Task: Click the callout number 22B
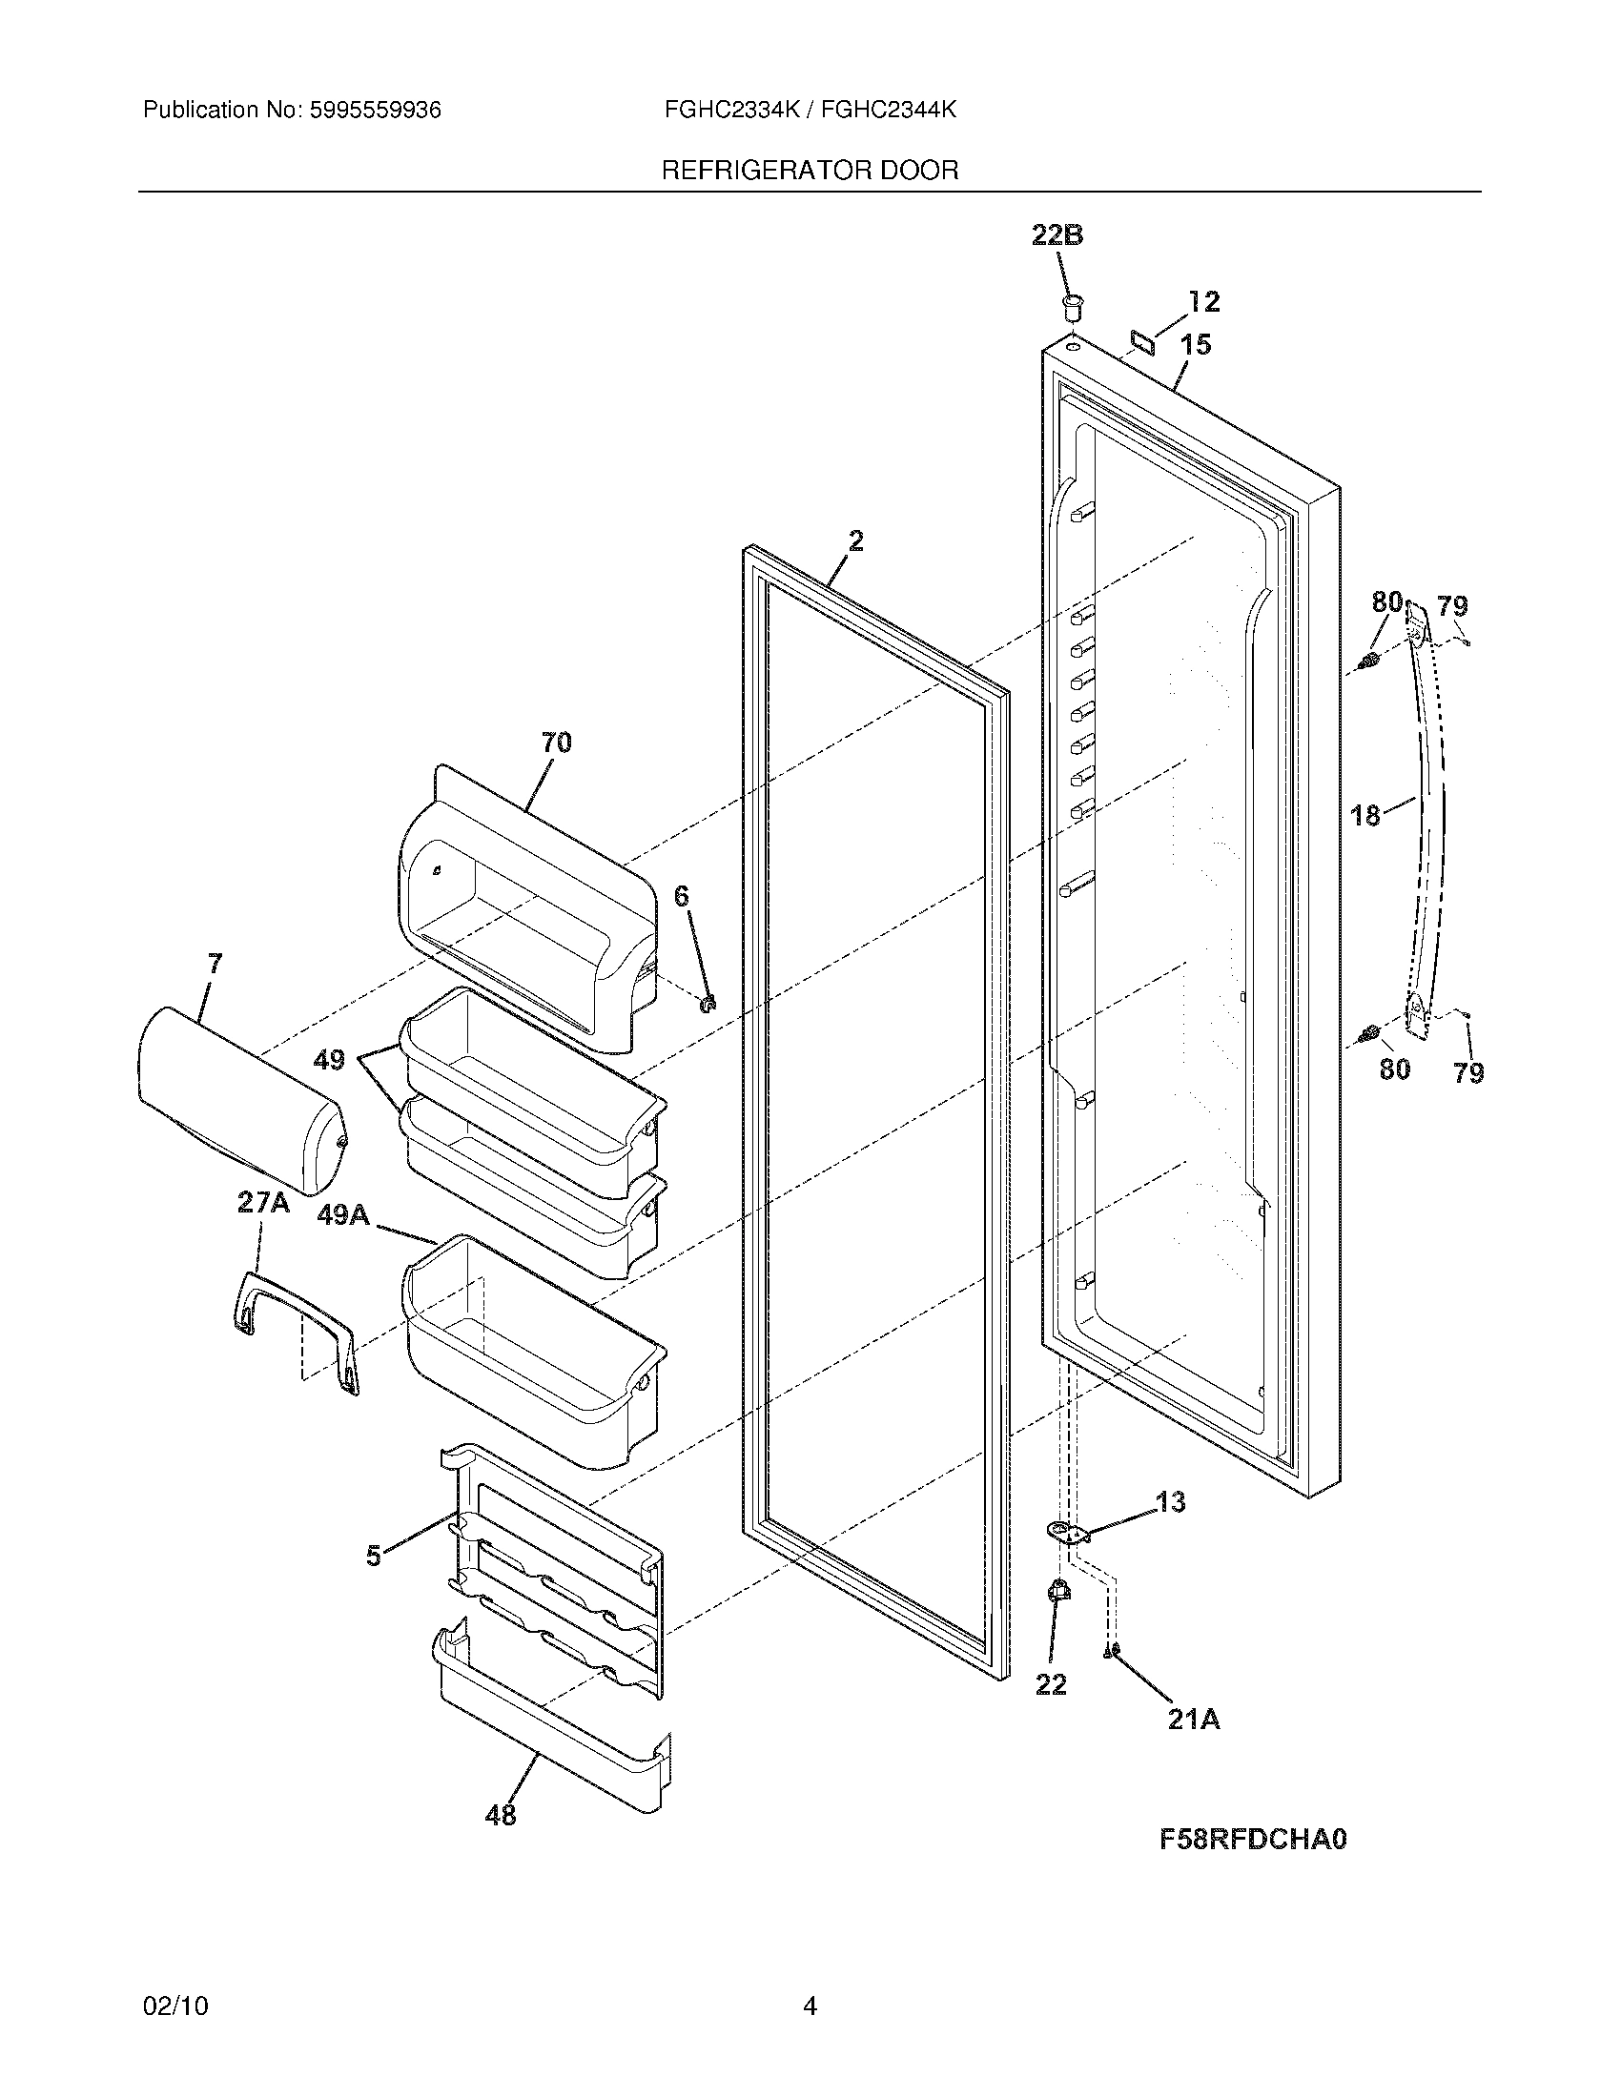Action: [x=1057, y=234]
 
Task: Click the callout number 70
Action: [x=556, y=743]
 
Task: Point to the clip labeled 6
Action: [x=709, y=1005]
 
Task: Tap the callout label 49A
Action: [x=343, y=1214]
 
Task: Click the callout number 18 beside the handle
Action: [x=1365, y=815]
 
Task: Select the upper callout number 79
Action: [x=1452, y=606]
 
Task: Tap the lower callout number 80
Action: [x=1394, y=1069]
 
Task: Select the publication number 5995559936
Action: [x=375, y=111]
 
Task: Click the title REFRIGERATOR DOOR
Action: [x=810, y=171]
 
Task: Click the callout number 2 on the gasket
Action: [x=854, y=541]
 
